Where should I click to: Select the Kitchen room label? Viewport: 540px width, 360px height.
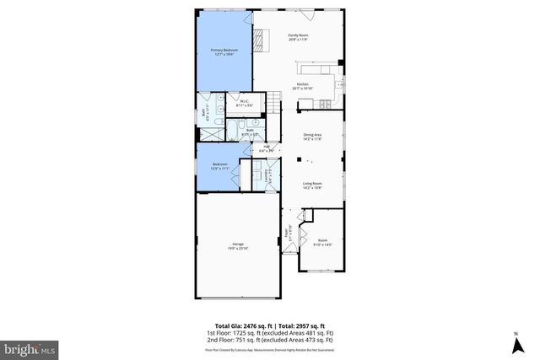[303, 86]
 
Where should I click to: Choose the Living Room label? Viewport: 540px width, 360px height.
[314, 185]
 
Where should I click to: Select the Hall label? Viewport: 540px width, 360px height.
[267, 149]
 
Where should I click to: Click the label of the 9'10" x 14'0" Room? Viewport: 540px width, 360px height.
[322, 242]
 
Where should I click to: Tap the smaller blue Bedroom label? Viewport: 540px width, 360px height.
[219, 165]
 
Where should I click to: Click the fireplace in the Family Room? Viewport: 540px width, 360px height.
[262, 37]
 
